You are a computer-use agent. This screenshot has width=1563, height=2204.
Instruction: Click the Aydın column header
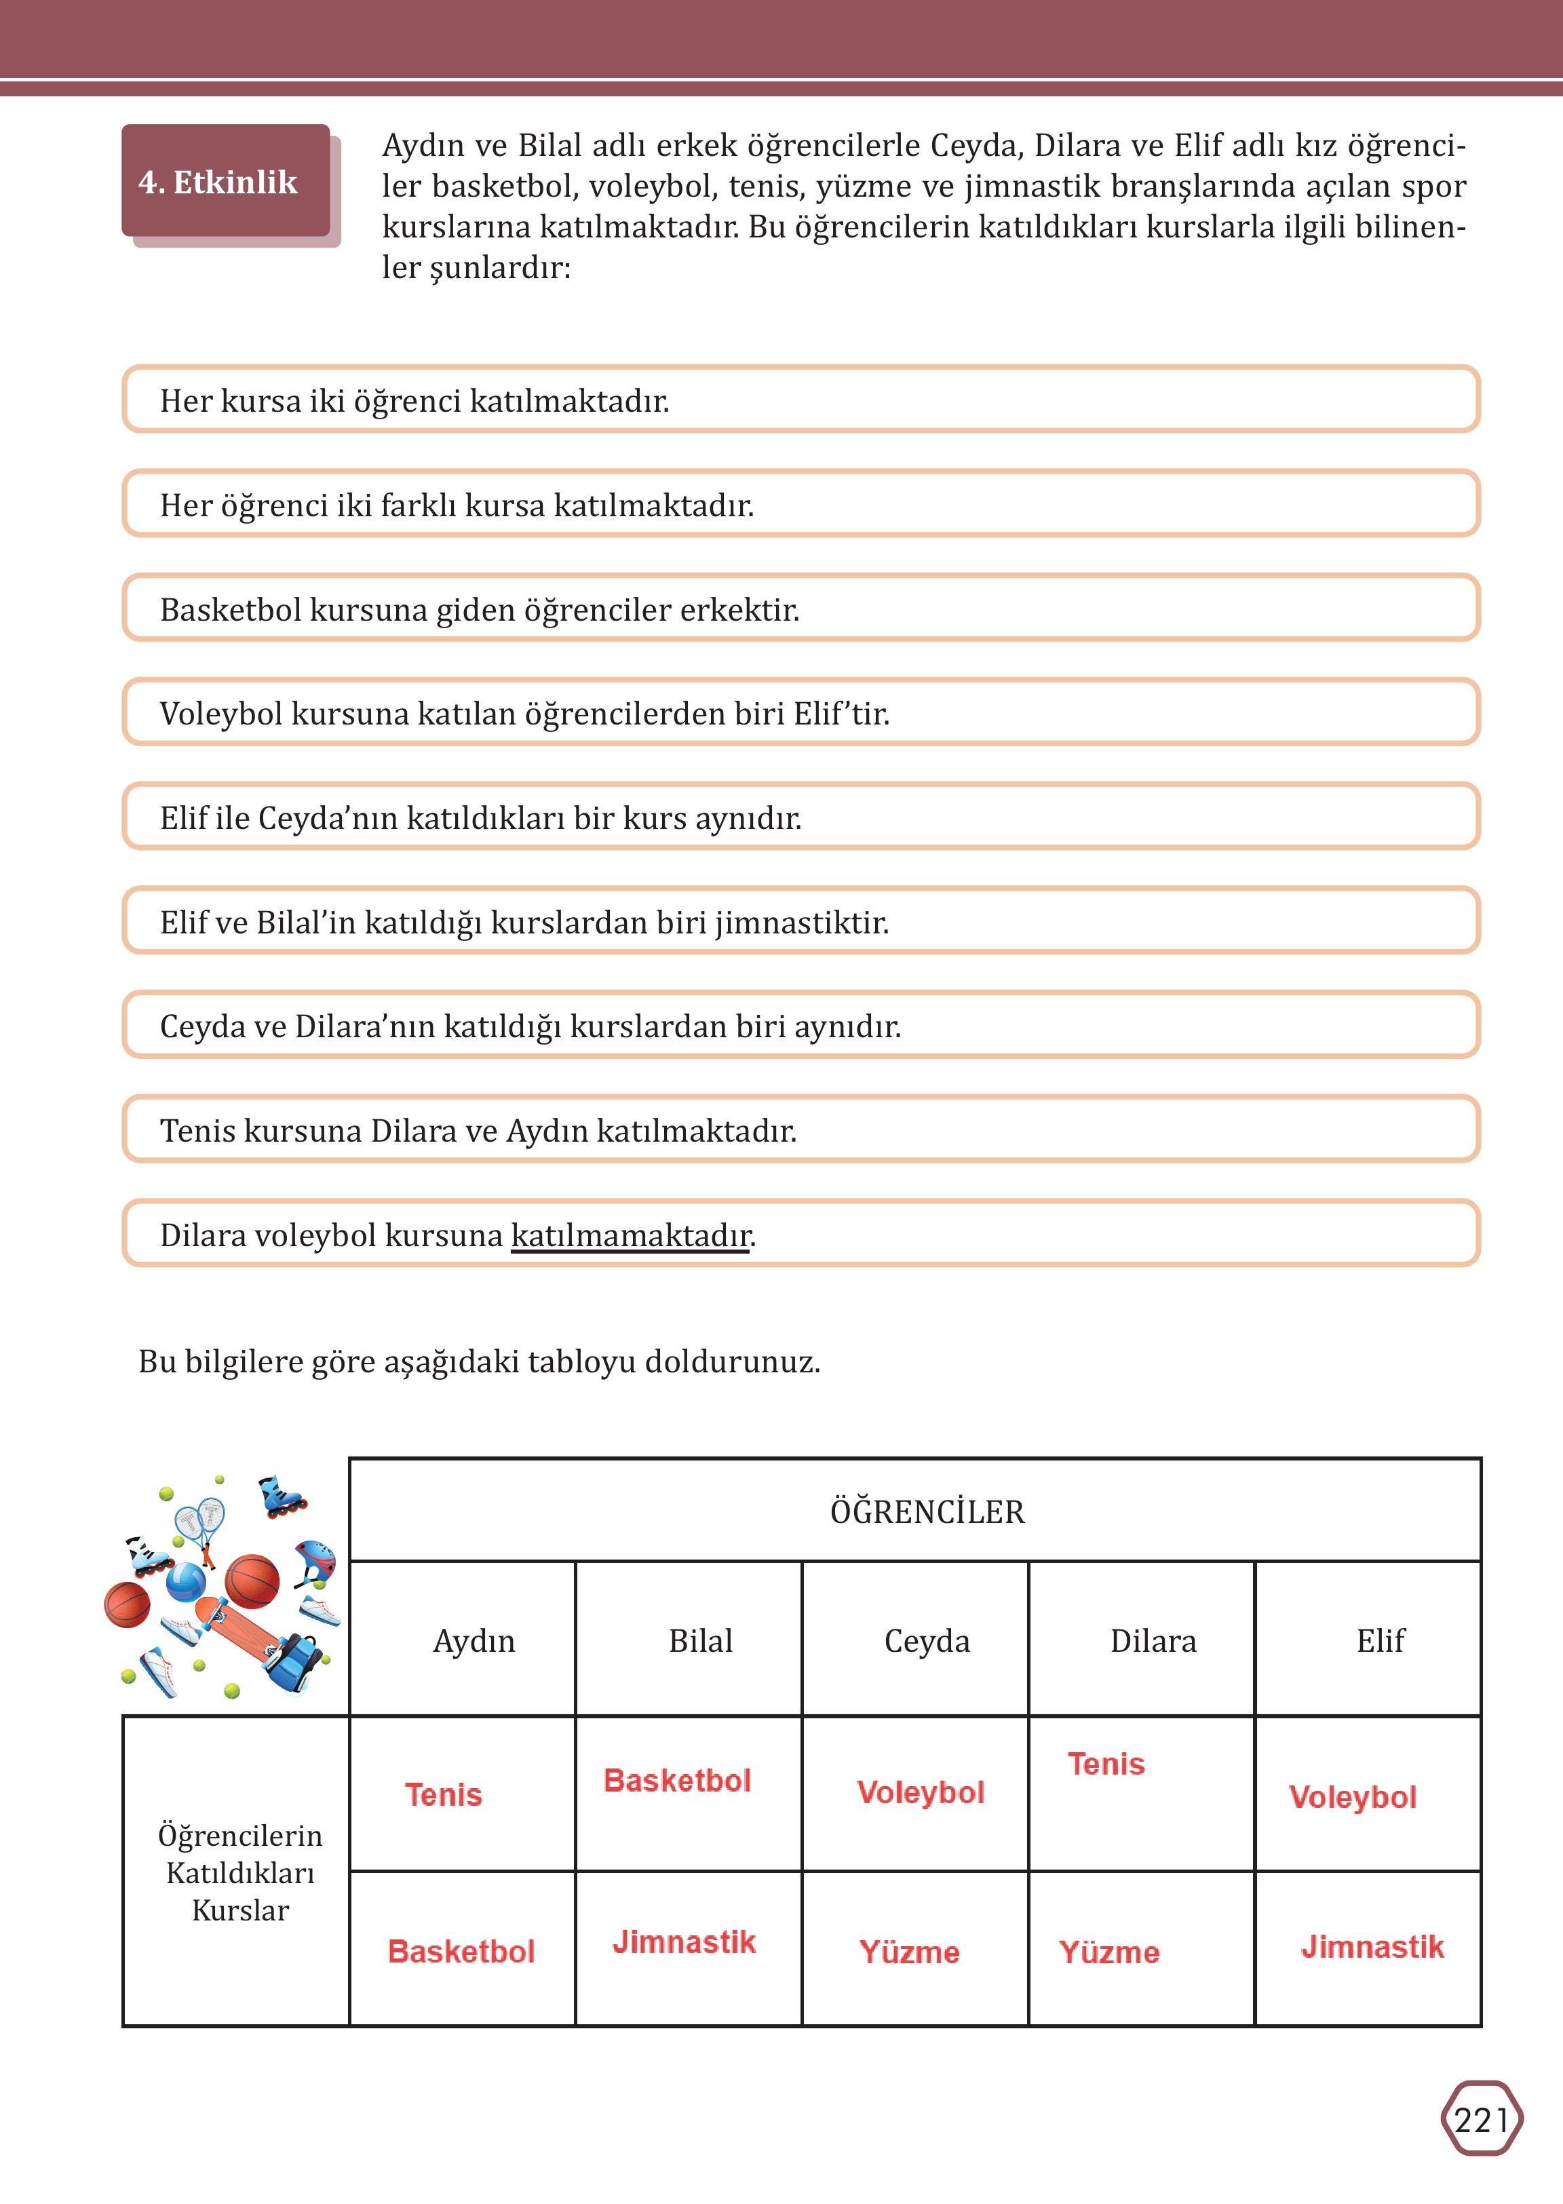tap(474, 1640)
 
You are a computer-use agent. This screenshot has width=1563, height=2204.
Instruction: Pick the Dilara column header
tap(1153, 1640)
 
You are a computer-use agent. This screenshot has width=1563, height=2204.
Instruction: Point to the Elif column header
tap(1380, 1640)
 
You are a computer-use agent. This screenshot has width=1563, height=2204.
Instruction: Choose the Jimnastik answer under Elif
tap(1372, 1946)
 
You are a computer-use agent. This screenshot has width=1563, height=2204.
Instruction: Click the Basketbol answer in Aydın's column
tap(461, 1951)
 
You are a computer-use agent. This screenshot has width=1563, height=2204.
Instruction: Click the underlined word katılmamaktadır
tap(630, 1235)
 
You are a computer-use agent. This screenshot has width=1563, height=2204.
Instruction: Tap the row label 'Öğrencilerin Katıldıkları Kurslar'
tap(239, 1872)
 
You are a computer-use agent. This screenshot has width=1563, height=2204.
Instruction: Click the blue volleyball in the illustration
tap(186, 1582)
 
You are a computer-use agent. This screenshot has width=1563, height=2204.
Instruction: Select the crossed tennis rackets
tap(200, 1524)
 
